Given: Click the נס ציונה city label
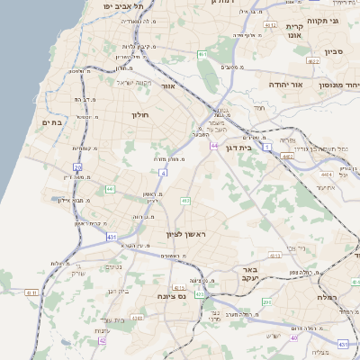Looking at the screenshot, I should pyautogui.click(x=170, y=295).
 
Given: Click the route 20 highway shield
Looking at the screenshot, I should pyautogui.click(x=77, y=167).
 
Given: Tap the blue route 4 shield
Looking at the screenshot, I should pyautogui.click(x=163, y=171).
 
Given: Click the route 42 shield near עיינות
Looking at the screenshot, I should pyautogui.click(x=103, y=341).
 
